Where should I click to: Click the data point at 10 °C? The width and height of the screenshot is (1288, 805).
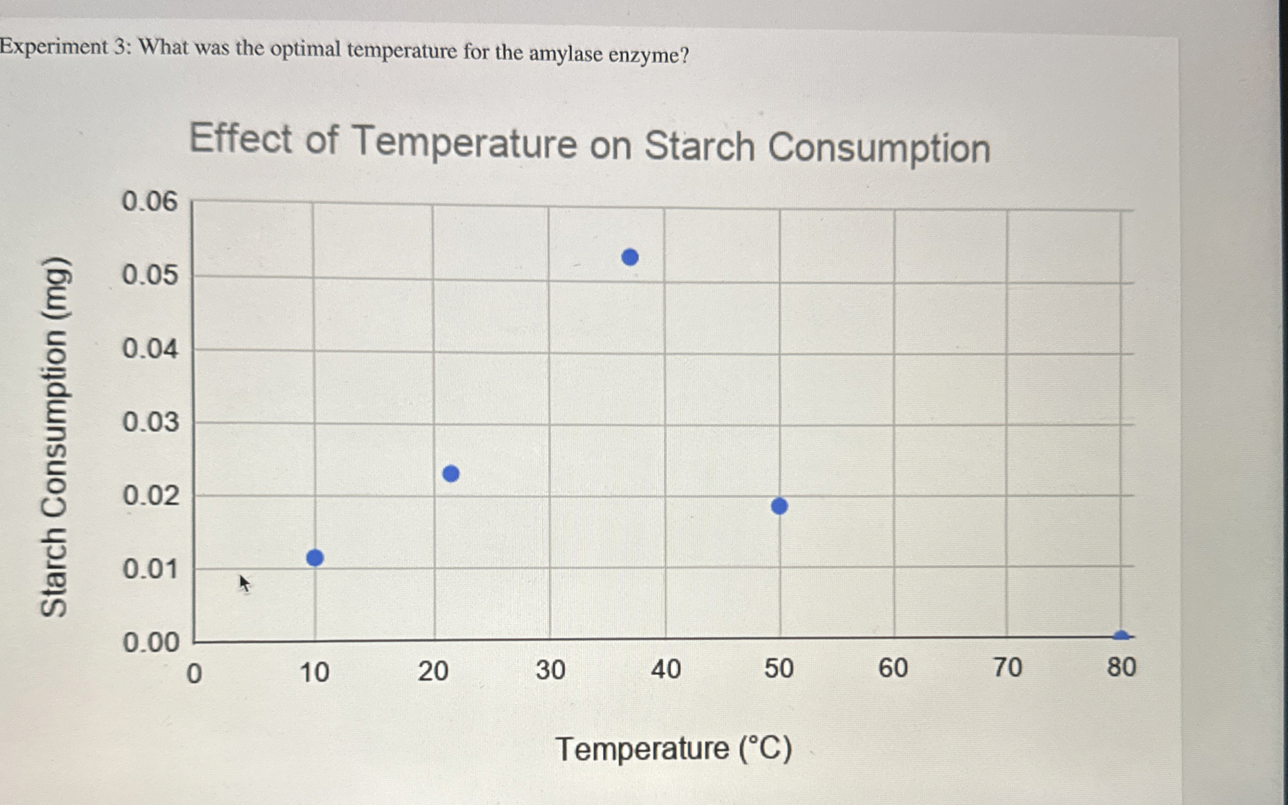click(x=315, y=558)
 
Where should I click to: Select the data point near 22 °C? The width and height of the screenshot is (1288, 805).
click(x=451, y=473)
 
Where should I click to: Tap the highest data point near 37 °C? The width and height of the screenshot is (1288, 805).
click(x=630, y=257)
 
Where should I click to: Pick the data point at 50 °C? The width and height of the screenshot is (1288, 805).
click(x=779, y=506)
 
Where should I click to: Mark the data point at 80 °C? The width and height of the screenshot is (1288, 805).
click(x=1121, y=635)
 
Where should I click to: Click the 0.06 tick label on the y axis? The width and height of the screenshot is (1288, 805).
click(x=149, y=202)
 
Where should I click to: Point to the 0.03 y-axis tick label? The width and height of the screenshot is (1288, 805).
click(x=151, y=422)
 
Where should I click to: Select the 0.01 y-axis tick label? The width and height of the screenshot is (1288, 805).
click(x=151, y=569)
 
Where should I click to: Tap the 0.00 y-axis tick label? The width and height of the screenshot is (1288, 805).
click(x=151, y=642)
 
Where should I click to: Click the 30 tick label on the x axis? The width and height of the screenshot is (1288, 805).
click(x=550, y=670)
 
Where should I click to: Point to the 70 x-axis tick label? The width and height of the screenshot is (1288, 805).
click(x=1007, y=667)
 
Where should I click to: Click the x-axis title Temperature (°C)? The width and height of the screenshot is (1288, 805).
click(x=673, y=749)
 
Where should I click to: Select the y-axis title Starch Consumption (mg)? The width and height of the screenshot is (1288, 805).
click(x=55, y=436)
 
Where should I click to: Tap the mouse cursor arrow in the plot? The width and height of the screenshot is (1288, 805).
click(x=244, y=583)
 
